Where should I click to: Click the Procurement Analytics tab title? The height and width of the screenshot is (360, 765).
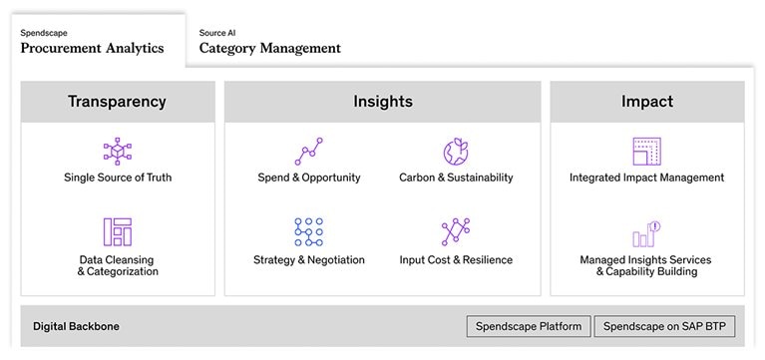tap(92, 48)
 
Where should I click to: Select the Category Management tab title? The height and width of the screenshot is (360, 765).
tap(269, 48)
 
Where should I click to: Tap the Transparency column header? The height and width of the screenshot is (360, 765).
tap(117, 102)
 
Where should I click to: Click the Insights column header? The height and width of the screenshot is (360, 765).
tap(383, 102)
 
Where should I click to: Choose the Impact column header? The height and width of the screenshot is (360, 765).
tap(646, 102)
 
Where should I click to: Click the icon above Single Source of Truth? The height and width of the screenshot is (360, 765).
tap(118, 152)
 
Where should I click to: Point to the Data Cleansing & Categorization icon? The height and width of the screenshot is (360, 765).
tap(118, 231)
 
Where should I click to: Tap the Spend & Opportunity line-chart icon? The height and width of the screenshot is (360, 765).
tap(309, 152)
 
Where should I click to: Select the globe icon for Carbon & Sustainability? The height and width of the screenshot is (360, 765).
tap(456, 152)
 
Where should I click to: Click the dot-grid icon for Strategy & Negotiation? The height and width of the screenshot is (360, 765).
tap(309, 231)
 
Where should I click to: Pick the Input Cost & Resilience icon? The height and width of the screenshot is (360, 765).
tap(456, 231)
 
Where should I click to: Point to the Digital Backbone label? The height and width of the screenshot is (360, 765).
tap(76, 326)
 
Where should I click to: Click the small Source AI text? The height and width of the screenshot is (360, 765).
tap(217, 33)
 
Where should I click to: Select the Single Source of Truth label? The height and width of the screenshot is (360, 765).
tap(118, 179)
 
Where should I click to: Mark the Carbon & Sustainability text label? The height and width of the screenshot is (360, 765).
tap(456, 179)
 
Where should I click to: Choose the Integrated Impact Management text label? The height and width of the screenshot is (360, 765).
tap(646, 179)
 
